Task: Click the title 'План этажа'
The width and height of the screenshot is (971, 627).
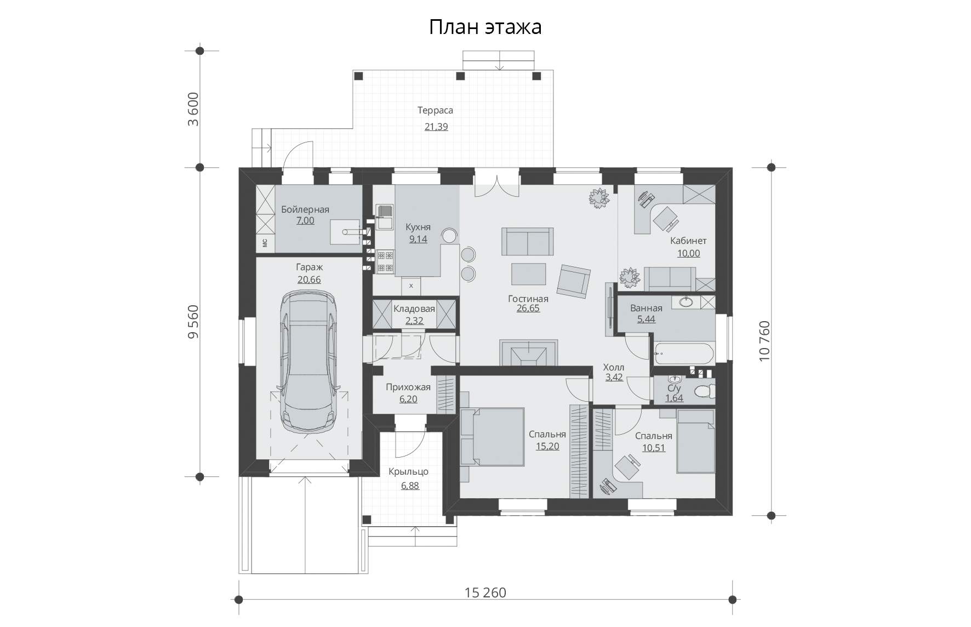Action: [485, 26]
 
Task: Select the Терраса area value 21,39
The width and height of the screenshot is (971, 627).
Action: [436, 127]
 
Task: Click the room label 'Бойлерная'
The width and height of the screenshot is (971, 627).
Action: [305, 209]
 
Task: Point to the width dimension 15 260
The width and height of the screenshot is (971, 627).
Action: [485, 592]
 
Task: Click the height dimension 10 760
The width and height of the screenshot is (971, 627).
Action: [764, 341]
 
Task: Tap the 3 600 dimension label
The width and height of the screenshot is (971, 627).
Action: [193, 110]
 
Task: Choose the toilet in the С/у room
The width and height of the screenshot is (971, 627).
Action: [704, 391]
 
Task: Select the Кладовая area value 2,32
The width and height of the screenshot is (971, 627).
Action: [414, 321]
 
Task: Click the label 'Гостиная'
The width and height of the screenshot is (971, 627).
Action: [528, 299]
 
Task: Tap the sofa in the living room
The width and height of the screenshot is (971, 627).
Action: [527, 242]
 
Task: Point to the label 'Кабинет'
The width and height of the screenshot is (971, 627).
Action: [688, 241]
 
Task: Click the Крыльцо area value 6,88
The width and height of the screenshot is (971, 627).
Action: [410, 486]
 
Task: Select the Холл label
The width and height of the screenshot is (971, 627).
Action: [614, 367]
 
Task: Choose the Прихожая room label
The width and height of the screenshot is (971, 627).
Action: [408, 387]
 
